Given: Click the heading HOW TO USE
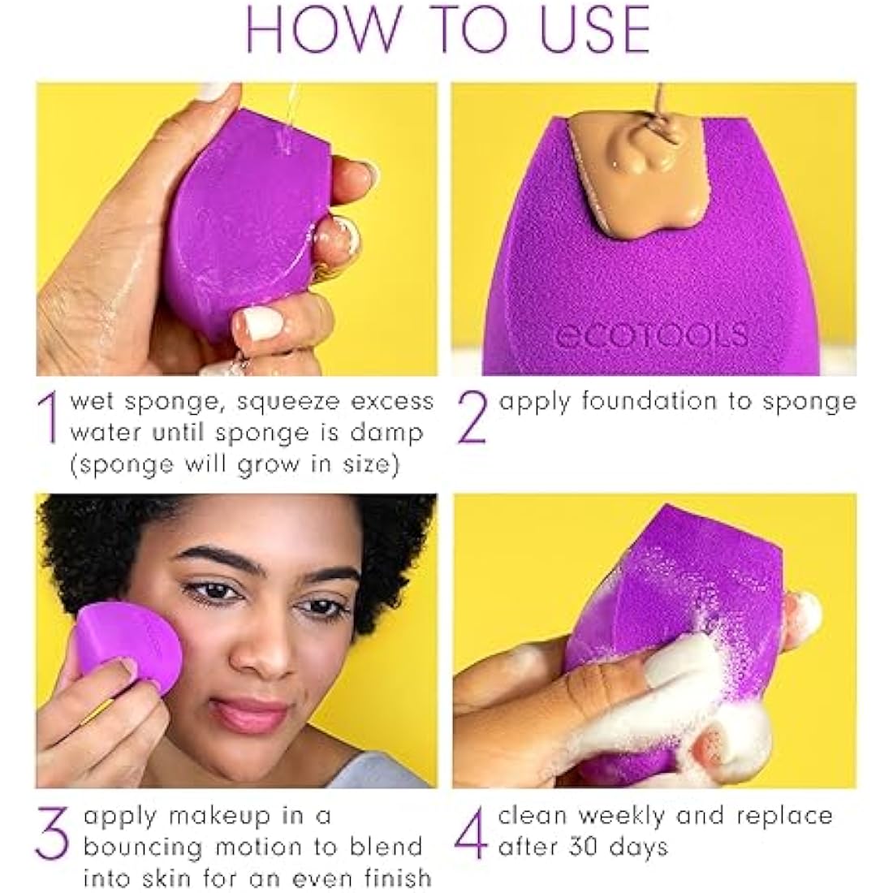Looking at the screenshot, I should pos(447,30).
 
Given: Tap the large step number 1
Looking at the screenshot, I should pos(50,419).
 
